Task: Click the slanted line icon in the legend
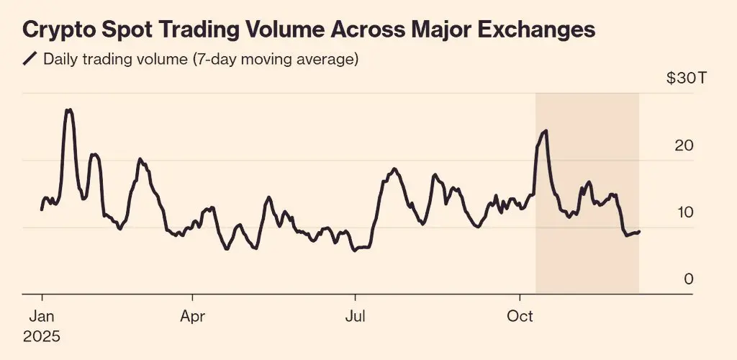click(30, 59)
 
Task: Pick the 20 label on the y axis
click(683, 145)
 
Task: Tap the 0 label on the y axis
click(689, 279)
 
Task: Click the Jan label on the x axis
click(42, 316)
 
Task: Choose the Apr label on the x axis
click(192, 316)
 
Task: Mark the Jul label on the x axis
click(354, 316)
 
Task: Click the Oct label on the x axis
click(520, 316)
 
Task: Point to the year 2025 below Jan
click(42, 336)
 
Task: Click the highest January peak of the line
click(68, 110)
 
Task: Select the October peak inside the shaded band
click(546, 131)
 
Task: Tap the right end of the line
click(639, 231)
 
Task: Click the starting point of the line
click(42, 210)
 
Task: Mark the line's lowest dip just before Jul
click(354, 251)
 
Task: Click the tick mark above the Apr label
click(192, 297)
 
